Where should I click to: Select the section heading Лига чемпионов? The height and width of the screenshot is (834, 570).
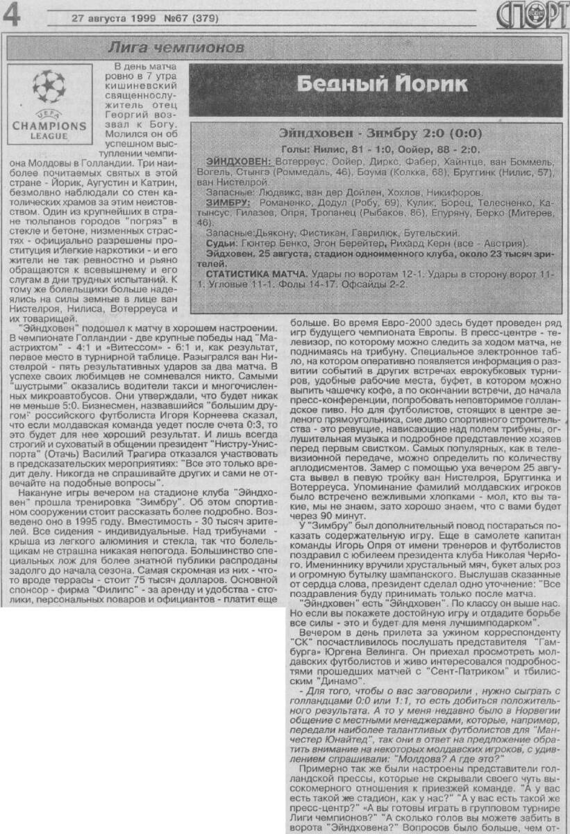[x=176, y=48]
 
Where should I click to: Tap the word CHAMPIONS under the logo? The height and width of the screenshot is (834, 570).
[x=49, y=126]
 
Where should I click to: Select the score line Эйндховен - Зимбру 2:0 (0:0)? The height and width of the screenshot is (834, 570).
[x=380, y=133]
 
